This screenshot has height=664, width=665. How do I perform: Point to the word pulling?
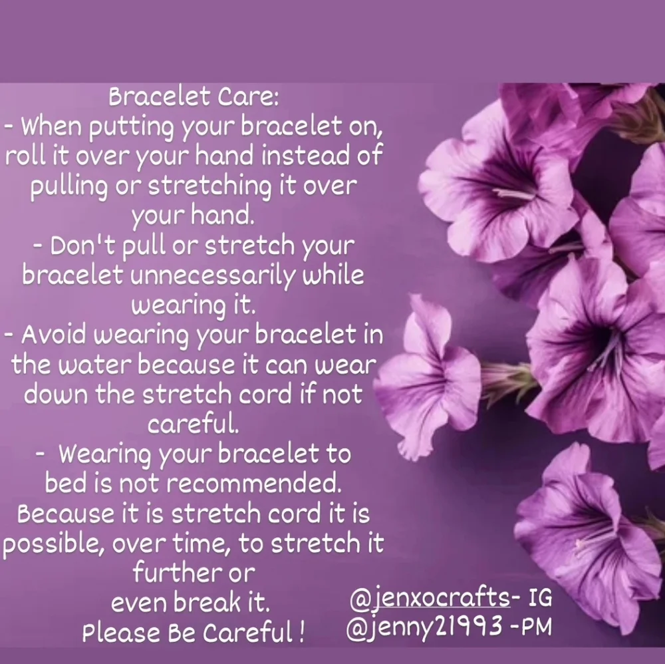tap(68, 188)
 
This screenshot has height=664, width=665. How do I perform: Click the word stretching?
tap(209, 188)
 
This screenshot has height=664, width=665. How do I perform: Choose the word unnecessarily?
tap(211, 276)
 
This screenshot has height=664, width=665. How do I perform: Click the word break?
tap(207, 602)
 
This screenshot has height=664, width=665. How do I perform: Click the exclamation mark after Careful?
tap(301, 632)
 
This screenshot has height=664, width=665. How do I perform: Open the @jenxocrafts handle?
tap(430, 598)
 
